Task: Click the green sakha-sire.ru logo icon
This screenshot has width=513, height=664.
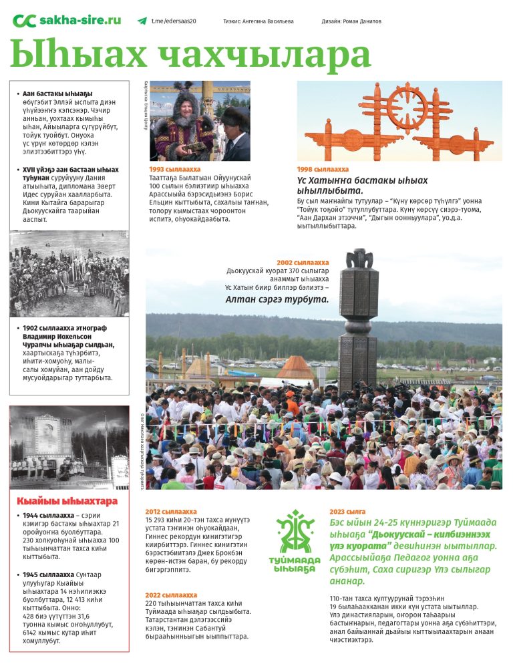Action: (x=24, y=21)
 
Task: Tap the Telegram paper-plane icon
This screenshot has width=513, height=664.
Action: (x=142, y=21)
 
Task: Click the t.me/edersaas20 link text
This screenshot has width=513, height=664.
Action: (x=174, y=21)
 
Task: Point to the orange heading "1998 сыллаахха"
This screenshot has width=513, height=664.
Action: (x=323, y=170)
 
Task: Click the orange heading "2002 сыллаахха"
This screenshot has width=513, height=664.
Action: (x=303, y=263)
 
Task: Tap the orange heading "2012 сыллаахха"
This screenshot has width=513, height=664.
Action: (x=171, y=511)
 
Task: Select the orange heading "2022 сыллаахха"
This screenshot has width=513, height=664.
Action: (x=171, y=595)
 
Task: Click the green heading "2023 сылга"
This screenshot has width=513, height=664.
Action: (x=347, y=511)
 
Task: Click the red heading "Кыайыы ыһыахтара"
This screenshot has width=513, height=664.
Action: (x=67, y=501)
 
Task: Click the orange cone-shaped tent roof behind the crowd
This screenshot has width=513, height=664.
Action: (x=296, y=367)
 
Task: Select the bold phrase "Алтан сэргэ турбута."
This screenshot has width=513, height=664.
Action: (x=277, y=299)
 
